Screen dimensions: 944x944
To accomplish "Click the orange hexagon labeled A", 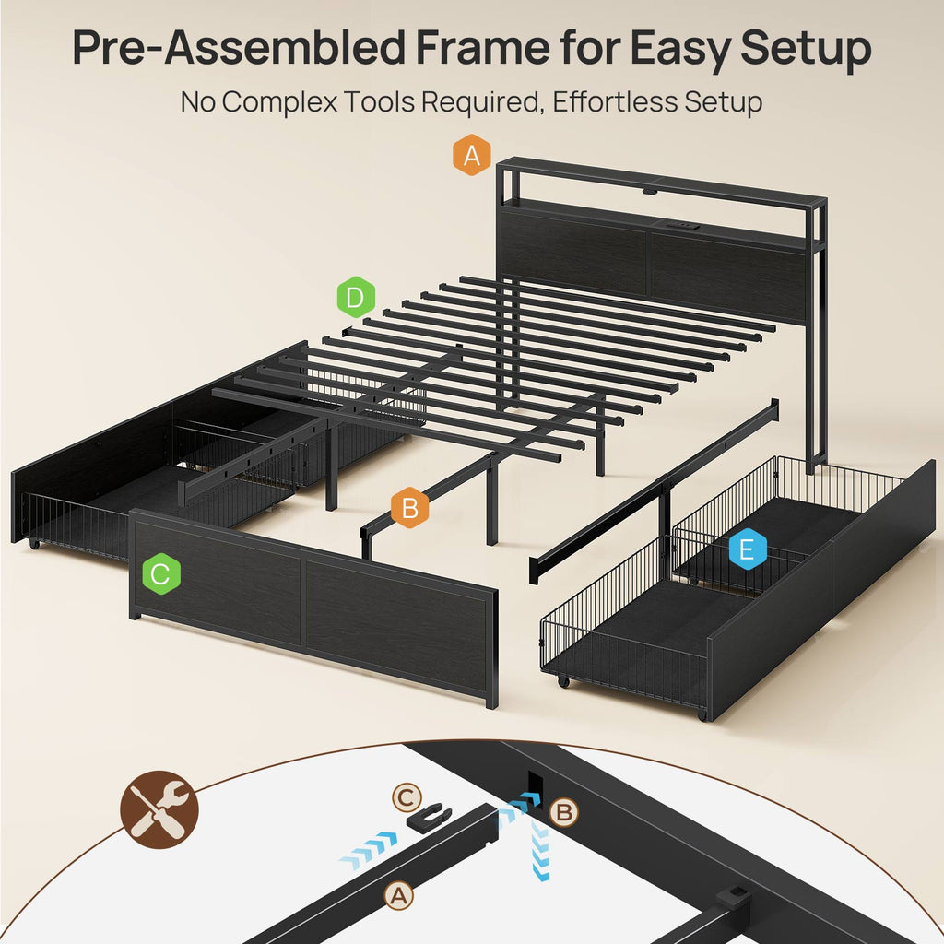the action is [x=471, y=155].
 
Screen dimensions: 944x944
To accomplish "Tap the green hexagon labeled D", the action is [x=356, y=297].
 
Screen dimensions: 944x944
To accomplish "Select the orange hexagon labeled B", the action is [x=410, y=508].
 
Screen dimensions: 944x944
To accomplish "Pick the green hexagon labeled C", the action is [x=161, y=573].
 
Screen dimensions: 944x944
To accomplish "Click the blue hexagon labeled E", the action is [x=747, y=549].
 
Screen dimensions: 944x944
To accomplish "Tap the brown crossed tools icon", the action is [x=159, y=809].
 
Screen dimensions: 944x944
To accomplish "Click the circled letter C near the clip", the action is [x=407, y=798].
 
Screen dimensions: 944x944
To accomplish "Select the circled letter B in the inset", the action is [x=564, y=812].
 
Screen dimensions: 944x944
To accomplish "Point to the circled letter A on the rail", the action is [x=399, y=896].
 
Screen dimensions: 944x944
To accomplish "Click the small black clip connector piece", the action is [x=430, y=815].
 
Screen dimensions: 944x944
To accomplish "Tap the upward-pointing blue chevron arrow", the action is [x=540, y=851].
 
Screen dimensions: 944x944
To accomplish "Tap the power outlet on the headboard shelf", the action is [x=681, y=228].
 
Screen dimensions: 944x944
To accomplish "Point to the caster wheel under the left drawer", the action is [x=34, y=544].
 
